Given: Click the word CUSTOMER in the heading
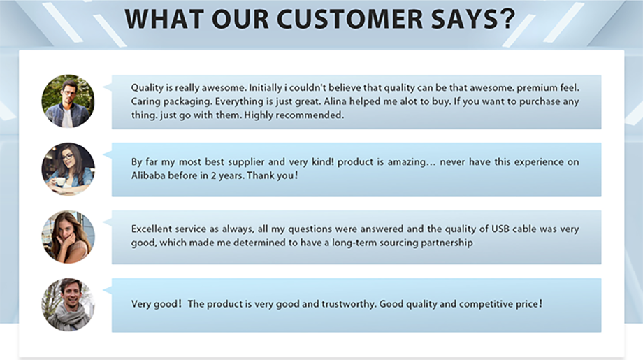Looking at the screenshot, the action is coord(349,19).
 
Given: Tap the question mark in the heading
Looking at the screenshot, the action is coord(507,19).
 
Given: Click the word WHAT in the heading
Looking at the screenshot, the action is coord(164,19).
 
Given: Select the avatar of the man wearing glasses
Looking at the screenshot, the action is coord(68,101).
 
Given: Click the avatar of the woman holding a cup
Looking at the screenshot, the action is coord(68,169).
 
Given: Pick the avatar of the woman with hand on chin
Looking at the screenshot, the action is coord(68,237).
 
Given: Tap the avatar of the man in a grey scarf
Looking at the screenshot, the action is coord(68,305).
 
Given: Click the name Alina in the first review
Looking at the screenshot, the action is coord(335,101).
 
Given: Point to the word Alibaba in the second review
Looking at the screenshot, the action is coord(146,175).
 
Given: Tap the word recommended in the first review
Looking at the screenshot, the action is coord(310,115).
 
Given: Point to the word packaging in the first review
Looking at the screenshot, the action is coord(187,101).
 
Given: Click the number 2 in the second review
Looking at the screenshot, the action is coord(213,175).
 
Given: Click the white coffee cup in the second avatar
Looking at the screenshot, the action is coord(60,182).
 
